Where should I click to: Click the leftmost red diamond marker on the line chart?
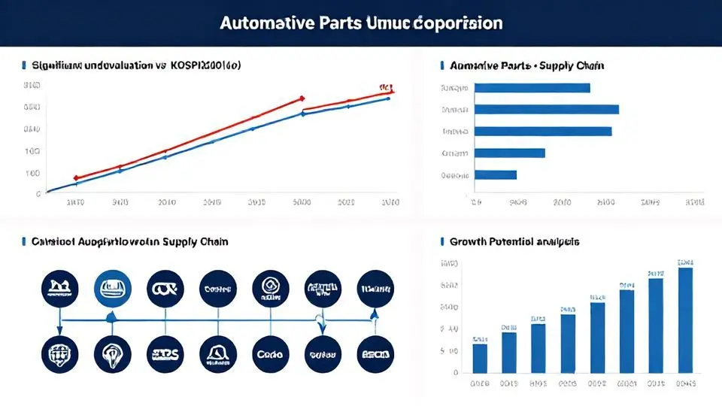point(75,178)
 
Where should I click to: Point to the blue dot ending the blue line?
point(388,98)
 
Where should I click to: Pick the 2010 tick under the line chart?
point(167,202)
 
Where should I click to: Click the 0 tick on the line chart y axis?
point(38,193)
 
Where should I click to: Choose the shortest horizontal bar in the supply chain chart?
point(496,175)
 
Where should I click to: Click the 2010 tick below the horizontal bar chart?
point(563,202)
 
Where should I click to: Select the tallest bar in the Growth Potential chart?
point(684,320)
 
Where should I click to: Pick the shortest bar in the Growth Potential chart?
point(479,358)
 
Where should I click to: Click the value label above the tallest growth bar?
point(684,262)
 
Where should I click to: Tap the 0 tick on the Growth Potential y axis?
point(456,372)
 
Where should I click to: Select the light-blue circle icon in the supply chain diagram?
point(112,289)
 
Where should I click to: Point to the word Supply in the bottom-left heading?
point(180,242)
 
